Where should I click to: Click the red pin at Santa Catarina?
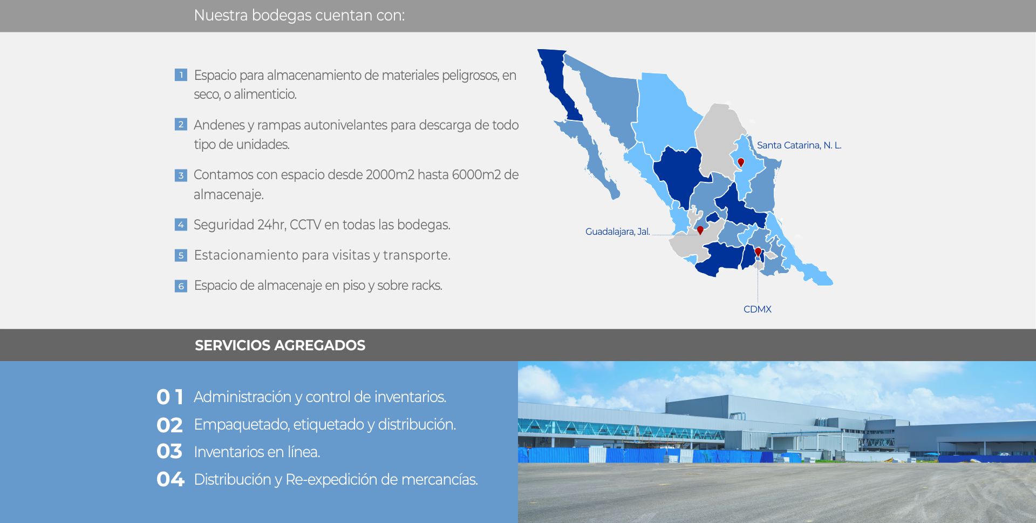click(x=741, y=162)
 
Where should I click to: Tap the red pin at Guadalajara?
click(x=700, y=230)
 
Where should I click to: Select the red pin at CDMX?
click(x=758, y=252)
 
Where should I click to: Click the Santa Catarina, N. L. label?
click(x=799, y=145)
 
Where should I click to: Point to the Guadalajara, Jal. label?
click(x=618, y=232)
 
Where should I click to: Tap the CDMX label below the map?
click(x=758, y=309)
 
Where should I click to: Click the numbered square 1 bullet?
click(x=181, y=75)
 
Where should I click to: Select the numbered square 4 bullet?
click(x=181, y=225)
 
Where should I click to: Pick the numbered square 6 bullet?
click(x=181, y=286)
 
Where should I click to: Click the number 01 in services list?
click(x=170, y=397)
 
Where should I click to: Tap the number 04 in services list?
click(x=171, y=479)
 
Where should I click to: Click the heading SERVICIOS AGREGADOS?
click(x=280, y=345)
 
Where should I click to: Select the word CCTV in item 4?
click(x=305, y=225)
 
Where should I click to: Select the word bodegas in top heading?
click(x=282, y=16)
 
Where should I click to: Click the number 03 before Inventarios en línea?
click(x=170, y=452)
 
